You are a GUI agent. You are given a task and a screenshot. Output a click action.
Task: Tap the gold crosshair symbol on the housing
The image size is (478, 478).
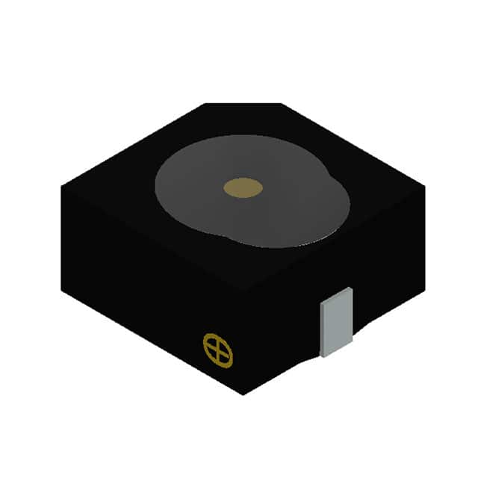click(218, 350)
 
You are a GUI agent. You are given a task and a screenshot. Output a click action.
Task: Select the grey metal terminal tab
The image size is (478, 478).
click(335, 320)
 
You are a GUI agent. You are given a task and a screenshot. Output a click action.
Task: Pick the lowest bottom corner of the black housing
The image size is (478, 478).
click(241, 394)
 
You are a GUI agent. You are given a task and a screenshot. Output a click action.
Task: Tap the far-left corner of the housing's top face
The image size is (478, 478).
click(62, 187)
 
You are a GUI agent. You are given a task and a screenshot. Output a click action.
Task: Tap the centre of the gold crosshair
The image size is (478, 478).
click(218, 350)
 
